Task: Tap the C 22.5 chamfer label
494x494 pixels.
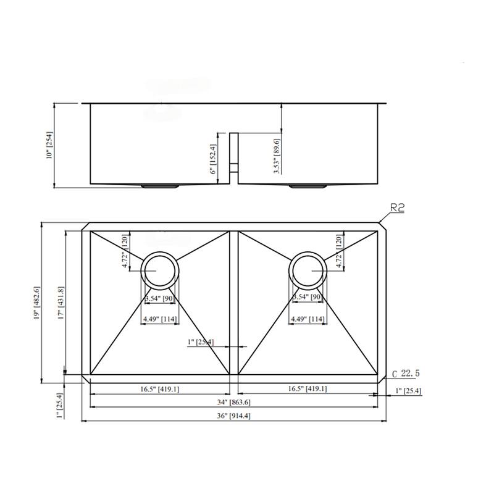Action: click(x=405, y=374)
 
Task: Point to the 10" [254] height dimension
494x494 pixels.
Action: click(x=50, y=146)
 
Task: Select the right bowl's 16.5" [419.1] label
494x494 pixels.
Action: click(x=307, y=389)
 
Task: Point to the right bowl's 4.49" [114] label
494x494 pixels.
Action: click(x=308, y=319)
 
